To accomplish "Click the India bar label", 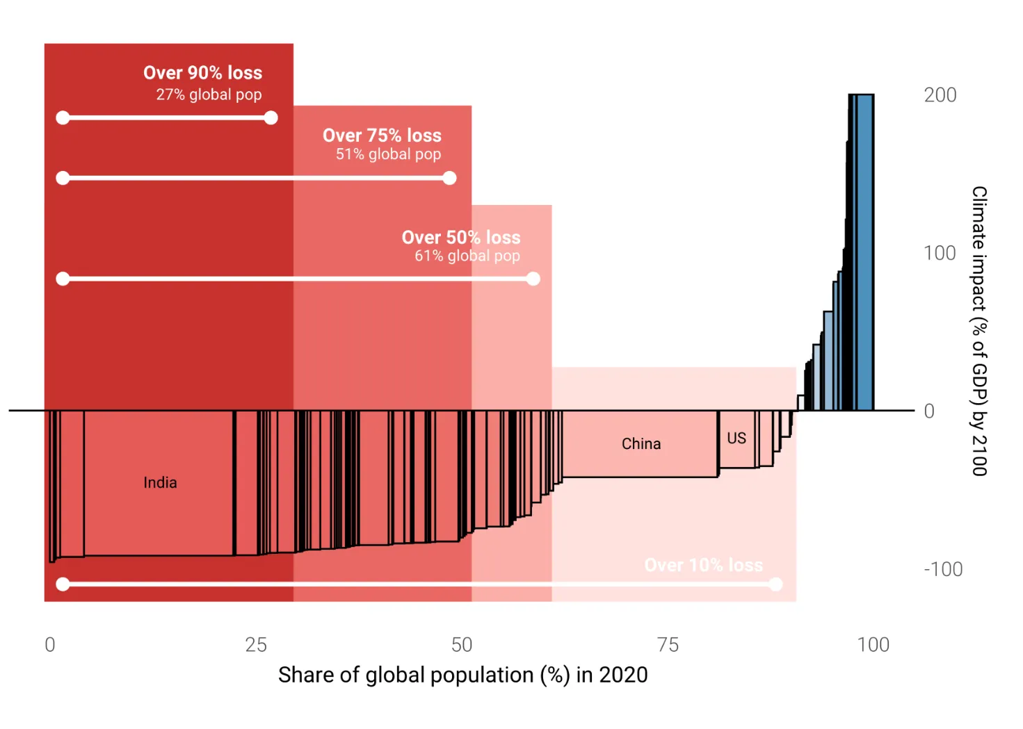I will (160, 483).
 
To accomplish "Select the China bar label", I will (641, 444).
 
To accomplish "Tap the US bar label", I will (736, 439).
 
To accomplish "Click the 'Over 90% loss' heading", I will (202, 73).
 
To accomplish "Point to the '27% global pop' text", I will (209, 95).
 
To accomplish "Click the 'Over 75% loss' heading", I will (382, 136).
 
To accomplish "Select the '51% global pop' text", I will (388, 154).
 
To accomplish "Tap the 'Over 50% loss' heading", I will (461, 238).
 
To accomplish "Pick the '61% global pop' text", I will (467, 256).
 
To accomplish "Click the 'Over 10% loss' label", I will (703, 566).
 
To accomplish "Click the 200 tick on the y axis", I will (940, 95).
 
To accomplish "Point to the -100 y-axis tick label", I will (943, 570).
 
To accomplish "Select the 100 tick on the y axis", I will (940, 254).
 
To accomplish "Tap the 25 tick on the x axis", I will (256, 645).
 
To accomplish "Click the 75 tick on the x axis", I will (668, 645).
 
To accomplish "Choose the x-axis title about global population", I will (462, 675).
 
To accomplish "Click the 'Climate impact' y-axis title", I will (979, 331).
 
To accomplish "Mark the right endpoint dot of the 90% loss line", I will (271, 118).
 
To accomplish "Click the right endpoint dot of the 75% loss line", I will (450, 179).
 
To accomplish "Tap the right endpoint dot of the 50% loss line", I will (533, 279).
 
